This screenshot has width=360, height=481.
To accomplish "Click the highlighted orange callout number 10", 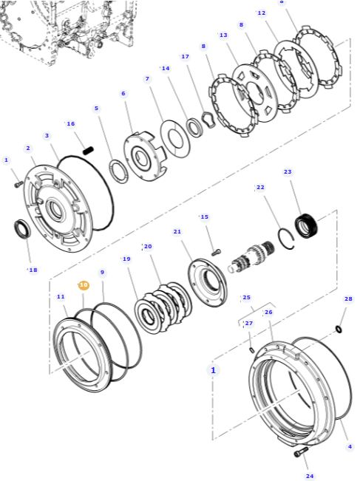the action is coord(84,285).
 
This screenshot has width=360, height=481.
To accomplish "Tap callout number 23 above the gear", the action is coord(288,171).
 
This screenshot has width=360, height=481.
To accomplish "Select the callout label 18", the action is coord(33,270).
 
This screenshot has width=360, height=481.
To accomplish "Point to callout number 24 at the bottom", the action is coord(310,476).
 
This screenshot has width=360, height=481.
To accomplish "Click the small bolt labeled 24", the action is coord(301,452).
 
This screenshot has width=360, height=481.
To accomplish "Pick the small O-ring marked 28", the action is coord(339,329).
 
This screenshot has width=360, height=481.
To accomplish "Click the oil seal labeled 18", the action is coord(22,228).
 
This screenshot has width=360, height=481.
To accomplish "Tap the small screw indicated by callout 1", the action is coord(18,184).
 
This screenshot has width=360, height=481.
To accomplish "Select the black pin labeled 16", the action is coord(88,151).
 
